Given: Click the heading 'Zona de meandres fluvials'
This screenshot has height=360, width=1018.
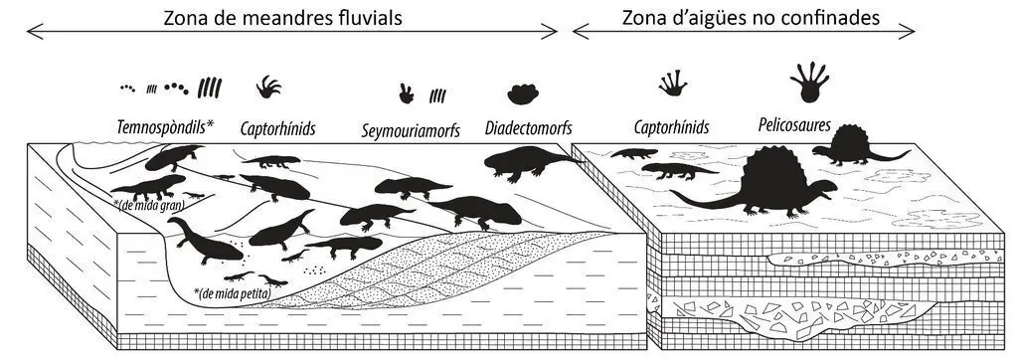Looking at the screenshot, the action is tap(283, 18).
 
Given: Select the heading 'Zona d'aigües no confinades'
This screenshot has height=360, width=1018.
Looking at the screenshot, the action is tap(752, 18).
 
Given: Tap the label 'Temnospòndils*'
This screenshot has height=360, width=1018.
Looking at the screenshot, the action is tap(166, 128).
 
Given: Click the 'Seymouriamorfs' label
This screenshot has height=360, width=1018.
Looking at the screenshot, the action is tap(411, 130).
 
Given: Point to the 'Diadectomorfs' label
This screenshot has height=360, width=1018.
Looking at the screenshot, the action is tap(528, 128).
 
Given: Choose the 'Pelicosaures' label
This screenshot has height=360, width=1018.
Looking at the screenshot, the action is tap(794, 124).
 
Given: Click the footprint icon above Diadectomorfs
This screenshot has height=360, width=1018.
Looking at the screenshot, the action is tap(523, 94).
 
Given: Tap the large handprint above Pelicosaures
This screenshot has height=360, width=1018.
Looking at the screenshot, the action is tap(809, 82).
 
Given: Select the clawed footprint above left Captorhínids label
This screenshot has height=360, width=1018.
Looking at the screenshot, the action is tap(268, 88).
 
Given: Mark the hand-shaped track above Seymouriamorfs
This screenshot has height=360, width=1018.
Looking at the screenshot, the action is tap(407, 94).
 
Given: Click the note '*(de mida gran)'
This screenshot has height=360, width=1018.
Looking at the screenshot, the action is tap(149, 205).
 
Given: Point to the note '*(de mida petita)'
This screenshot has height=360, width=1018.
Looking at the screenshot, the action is tap(232, 292).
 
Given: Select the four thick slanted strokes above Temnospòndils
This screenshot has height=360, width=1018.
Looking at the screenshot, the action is tap(210, 88).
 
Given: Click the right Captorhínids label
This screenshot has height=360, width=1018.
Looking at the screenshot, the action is tap(671, 128).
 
